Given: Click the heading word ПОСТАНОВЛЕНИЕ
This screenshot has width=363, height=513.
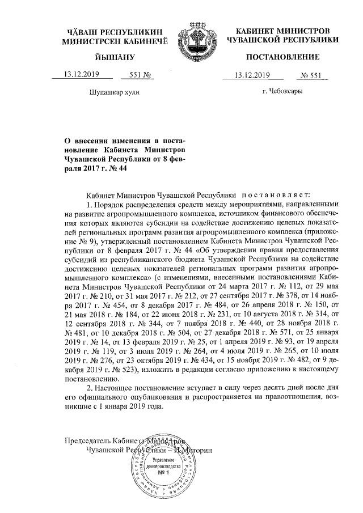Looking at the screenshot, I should click(282, 57).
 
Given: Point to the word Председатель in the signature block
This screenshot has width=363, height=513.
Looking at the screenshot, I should click(85, 440).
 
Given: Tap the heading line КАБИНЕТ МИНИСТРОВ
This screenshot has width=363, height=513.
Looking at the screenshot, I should click(282, 30).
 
